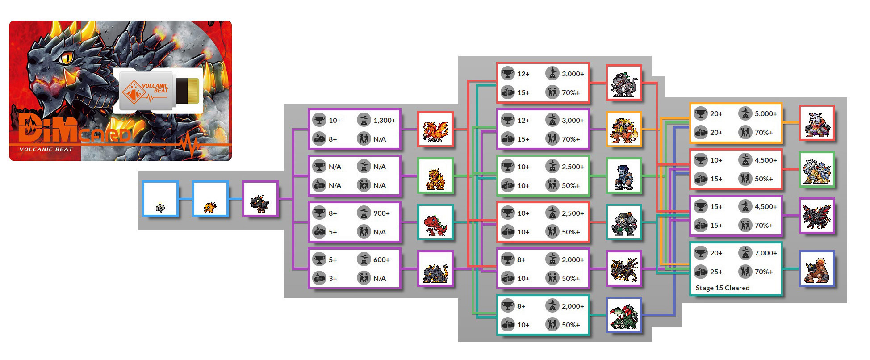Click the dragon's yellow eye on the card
tap(67, 57)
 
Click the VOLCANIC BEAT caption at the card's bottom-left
tap(46, 149)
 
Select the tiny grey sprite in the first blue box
tap(160, 207)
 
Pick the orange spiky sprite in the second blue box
tap(210, 207)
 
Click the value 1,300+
tap(384, 121)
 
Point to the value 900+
tap(381, 213)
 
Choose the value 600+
tap(381, 260)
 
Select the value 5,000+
tap(765, 114)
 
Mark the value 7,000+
tap(765, 253)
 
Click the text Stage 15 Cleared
tap(722, 288)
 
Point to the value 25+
tap(716, 272)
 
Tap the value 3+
tap(333, 279)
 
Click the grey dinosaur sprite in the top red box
tap(623, 84)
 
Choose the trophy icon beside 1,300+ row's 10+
tap(319, 120)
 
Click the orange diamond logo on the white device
tap(134, 92)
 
